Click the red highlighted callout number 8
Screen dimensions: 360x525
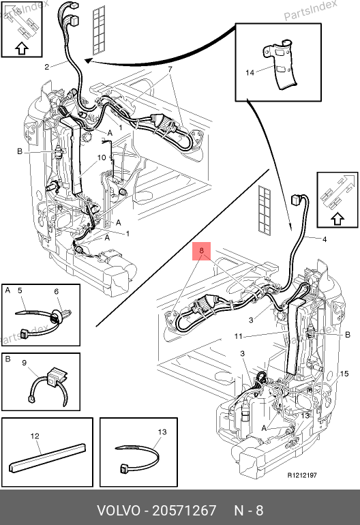(201, 250)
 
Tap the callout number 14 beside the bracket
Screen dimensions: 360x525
(250, 72)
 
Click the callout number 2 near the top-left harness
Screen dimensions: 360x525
(47, 67)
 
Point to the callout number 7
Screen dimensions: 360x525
(170, 70)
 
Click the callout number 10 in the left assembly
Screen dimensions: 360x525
(102, 157)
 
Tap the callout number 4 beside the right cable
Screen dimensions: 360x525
(325, 239)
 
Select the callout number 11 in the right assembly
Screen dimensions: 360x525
(238, 336)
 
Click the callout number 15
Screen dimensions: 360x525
(344, 374)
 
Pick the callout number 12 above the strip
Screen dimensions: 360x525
(35, 436)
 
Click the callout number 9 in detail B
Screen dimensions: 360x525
(24, 363)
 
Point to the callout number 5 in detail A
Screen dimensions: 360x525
(20, 290)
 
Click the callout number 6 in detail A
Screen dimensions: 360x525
(57, 292)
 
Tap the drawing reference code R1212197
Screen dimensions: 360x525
(302, 475)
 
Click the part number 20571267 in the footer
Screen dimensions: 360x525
(185, 511)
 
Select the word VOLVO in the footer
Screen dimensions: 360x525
(119, 511)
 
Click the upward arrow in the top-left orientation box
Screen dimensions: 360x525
(22, 48)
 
